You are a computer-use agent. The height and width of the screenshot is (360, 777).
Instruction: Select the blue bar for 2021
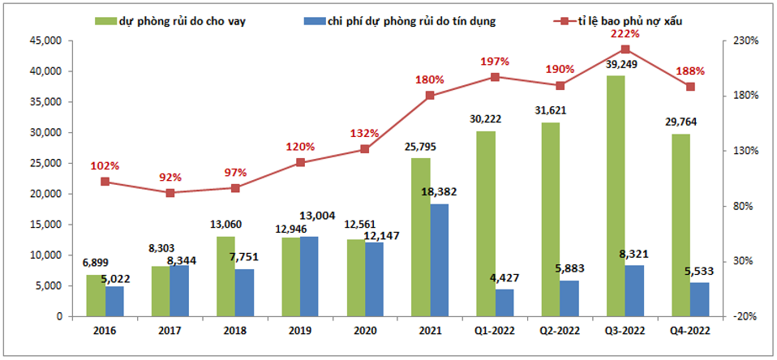click(439, 260)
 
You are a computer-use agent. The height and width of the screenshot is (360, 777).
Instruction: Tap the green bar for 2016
click(95, 296)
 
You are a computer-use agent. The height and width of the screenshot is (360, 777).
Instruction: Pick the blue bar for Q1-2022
click(504, 302)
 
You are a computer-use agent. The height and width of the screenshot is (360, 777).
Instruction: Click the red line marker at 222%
click(625, 49)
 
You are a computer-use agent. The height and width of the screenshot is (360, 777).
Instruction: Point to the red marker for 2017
click(170, 193)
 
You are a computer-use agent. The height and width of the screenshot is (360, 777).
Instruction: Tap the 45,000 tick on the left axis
click(46, 41)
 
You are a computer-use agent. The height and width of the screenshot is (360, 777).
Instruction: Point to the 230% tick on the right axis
click(745, 41)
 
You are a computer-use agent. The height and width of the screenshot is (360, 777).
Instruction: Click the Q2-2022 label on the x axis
click(559, 330)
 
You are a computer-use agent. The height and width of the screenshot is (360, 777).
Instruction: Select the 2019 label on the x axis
click(299, 330)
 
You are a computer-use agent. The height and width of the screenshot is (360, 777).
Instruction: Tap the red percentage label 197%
click(494, 62)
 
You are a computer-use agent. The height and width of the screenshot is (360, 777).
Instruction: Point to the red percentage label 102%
click(105, 166)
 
